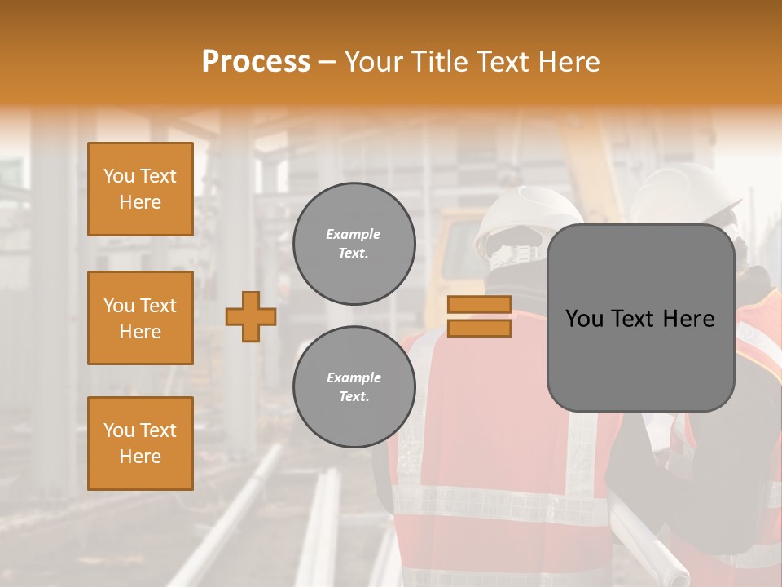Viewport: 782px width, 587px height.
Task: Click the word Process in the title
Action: point(256,61)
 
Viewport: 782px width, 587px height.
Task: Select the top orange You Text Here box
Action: point(140,189)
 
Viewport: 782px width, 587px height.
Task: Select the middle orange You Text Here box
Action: point(140,318)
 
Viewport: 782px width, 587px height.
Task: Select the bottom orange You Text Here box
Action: point(140,444)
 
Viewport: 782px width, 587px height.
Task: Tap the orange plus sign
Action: point(250,316)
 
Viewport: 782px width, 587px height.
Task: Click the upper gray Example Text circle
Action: point(354,244)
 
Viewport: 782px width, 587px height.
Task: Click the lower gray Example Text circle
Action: point(354,387)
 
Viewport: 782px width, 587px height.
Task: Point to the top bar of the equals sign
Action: point(480,305)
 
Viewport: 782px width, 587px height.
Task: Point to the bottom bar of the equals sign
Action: point(480,329)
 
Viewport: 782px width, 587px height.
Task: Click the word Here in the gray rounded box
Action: point(690,319)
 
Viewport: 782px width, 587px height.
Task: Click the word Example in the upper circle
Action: point(354,234)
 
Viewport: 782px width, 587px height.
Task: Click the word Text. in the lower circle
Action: point(354,397)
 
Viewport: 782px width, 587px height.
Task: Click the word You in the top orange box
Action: point(118,176)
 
